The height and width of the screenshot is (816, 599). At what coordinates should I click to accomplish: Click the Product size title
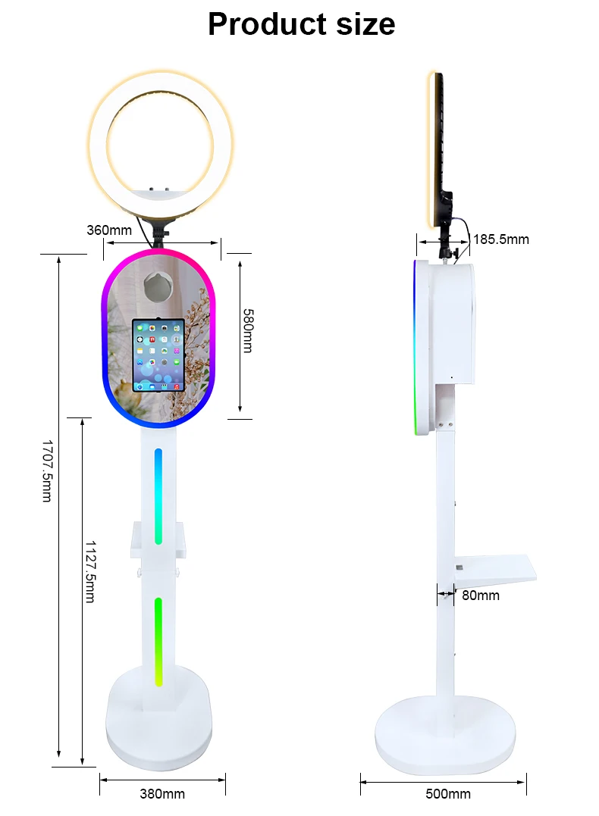(x=301, y=24)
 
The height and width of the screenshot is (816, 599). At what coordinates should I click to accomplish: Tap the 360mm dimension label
(x=108, y=230)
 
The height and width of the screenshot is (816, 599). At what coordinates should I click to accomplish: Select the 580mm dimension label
(x=247, y=330)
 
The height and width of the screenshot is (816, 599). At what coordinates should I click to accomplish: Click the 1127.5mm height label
(x=89, y=571)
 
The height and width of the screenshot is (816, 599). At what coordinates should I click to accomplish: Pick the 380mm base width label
(x=162, y=794)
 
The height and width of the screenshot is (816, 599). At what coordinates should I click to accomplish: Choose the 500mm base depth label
(x=448, y=794)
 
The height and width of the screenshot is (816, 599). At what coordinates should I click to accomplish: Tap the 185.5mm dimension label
(x=501, y=239)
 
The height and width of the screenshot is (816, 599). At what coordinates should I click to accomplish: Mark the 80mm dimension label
(x=481, y=596)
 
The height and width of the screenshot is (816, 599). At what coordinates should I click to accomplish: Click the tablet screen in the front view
(x=158, y=355)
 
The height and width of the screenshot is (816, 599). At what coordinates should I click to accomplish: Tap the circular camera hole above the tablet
(x=159, y=286)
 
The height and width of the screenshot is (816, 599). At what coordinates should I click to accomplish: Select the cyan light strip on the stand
(x=158, y=496)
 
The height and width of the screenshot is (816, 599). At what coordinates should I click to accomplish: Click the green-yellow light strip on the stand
(x=158, y=641)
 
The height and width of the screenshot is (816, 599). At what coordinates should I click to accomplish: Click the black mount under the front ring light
(x=160, y=230)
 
